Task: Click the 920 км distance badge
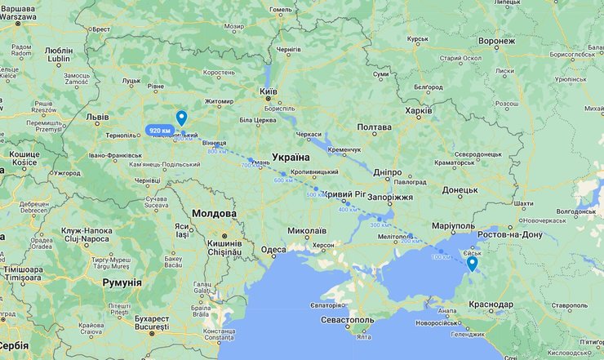point(160,131)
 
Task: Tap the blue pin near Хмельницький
point(181,118)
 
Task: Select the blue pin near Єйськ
point(472,264)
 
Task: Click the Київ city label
point(268,92)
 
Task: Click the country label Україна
point(291,157)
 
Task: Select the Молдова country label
point(214,214)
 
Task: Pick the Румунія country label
point(122,282)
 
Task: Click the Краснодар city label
point(491,304)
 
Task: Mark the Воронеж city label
point(497,41)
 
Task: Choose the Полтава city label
point(375,127)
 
